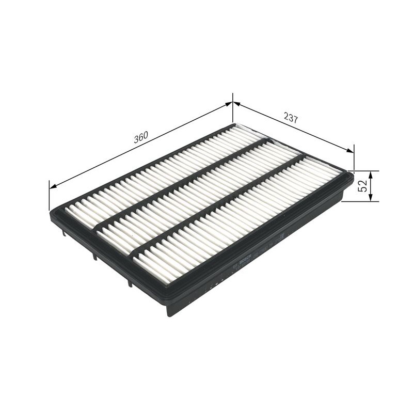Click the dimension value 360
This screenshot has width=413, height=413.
click(x=141, y=137)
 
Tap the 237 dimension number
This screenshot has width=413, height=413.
click(x=291, y=118)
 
